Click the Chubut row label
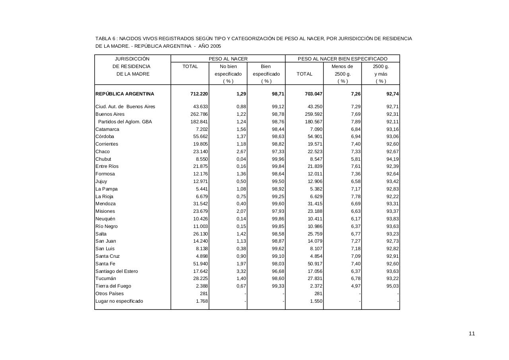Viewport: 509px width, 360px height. (103, 159)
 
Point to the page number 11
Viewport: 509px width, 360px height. (472, 334)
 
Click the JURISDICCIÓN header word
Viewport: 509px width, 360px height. (132, 59)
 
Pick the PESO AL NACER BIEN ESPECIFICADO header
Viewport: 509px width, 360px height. (342, 59)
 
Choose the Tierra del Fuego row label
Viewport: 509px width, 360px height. (113, 286)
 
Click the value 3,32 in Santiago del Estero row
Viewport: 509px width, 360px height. (241, 271)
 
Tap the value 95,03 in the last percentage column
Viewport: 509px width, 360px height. (392, 286)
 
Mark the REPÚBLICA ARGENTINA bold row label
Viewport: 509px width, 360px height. (125, 94)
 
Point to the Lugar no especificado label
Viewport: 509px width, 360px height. (119, 301)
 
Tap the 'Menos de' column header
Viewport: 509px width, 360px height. (342, 66)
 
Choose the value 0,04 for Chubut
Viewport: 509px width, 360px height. (241, 159)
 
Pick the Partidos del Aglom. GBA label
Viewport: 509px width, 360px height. (125, 122)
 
